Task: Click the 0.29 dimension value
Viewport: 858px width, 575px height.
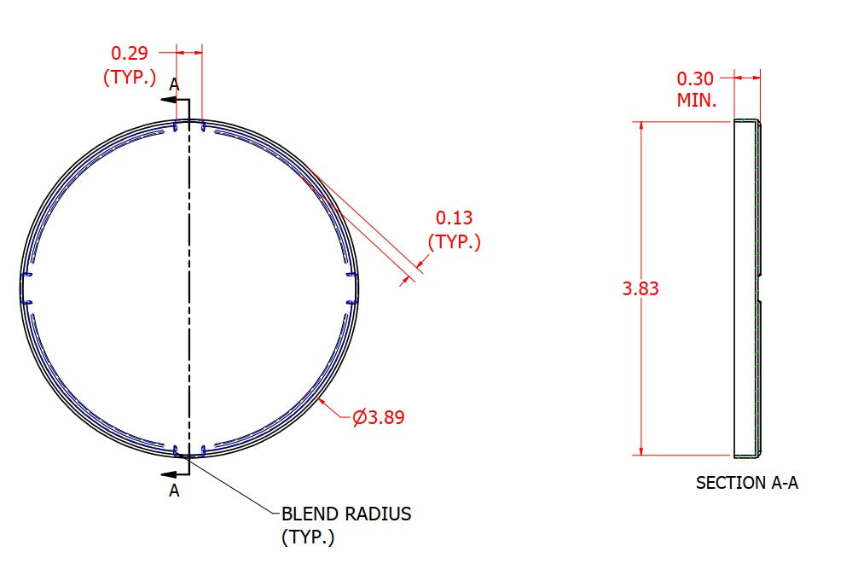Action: pos(129,53)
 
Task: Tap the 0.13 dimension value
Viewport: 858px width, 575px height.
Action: pos(454,218)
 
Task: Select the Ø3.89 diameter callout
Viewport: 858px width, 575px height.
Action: pos(378,417)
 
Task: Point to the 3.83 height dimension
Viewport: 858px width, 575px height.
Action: pos(641,288)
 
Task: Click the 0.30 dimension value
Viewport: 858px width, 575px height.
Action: pos(695,78)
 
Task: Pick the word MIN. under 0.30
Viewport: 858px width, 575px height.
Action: pos(697,100)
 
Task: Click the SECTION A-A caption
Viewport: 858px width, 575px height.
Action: pos(747,483)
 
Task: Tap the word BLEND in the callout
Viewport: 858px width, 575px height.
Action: pos(309,514)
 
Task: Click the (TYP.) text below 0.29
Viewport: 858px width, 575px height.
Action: pos(130,77)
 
